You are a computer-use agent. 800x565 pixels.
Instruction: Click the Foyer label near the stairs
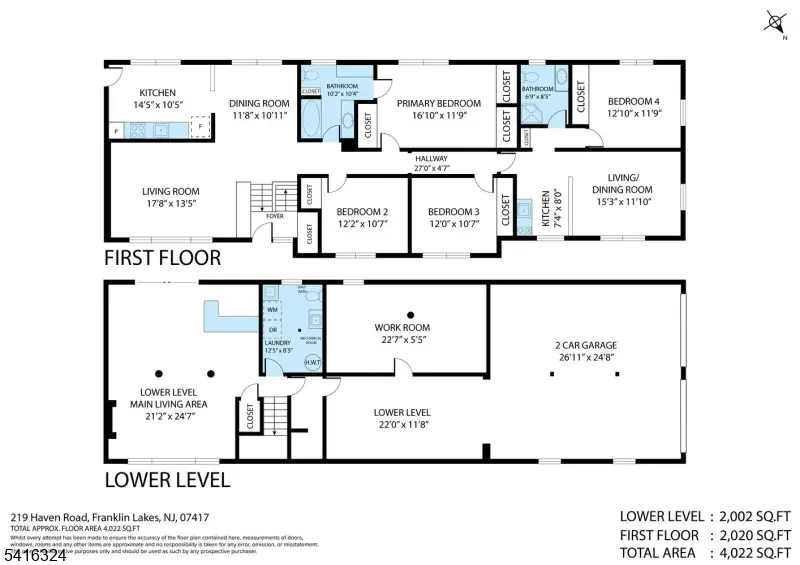[275, 215]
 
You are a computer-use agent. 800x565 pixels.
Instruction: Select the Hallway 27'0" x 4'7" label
[432, 164]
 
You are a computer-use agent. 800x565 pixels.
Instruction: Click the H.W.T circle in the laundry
[310, 363]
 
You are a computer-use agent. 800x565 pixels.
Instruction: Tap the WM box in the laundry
[273, 311]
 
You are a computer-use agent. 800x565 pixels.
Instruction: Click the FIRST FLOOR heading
[162, 258]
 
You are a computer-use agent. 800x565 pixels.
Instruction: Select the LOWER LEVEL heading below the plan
[167, 480]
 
